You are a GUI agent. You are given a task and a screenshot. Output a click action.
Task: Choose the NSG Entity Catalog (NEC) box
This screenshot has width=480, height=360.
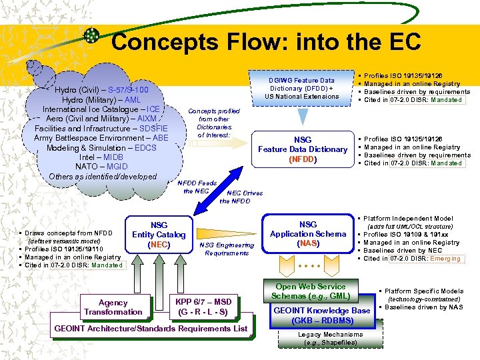159,235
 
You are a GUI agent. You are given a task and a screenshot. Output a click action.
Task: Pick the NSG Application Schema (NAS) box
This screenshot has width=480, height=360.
307,235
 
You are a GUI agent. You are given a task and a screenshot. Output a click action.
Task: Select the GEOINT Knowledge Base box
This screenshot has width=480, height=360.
321,315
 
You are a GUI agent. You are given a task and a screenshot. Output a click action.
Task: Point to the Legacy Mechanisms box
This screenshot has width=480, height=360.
327,338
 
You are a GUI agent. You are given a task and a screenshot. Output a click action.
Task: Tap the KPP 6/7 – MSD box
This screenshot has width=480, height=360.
204,307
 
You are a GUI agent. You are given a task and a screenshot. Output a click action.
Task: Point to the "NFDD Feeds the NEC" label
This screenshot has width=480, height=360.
197,187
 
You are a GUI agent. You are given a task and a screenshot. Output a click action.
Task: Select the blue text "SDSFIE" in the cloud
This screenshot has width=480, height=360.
153,128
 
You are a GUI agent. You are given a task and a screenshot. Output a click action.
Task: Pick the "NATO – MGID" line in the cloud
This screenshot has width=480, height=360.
102,167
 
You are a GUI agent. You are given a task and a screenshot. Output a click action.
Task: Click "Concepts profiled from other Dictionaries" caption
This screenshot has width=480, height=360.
214,123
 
